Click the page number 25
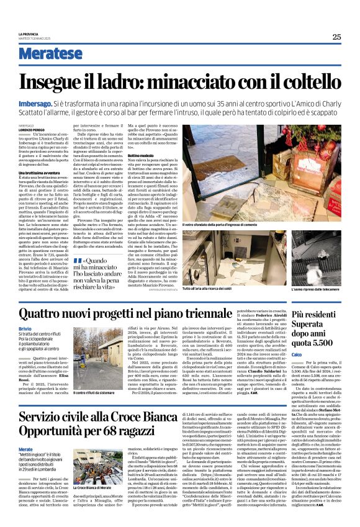click(336, 37)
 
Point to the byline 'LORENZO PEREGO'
click(34, 129)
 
